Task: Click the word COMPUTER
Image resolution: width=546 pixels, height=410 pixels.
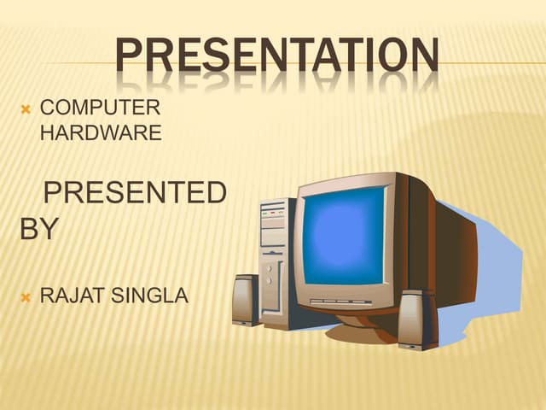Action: [100, 108]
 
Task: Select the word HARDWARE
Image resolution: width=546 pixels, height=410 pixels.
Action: [101, 133]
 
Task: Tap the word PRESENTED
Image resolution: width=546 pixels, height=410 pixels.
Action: [135, 194]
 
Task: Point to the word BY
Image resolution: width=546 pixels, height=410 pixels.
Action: [38, 229]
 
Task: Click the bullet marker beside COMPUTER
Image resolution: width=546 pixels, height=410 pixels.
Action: [26, 109]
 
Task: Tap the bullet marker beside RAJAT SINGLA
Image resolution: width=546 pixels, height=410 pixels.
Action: [26, 298]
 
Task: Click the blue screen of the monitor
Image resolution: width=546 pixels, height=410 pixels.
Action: [344, 234]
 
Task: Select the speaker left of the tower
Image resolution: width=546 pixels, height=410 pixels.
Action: [246, 300]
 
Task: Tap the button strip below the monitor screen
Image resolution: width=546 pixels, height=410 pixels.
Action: [341, 302]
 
